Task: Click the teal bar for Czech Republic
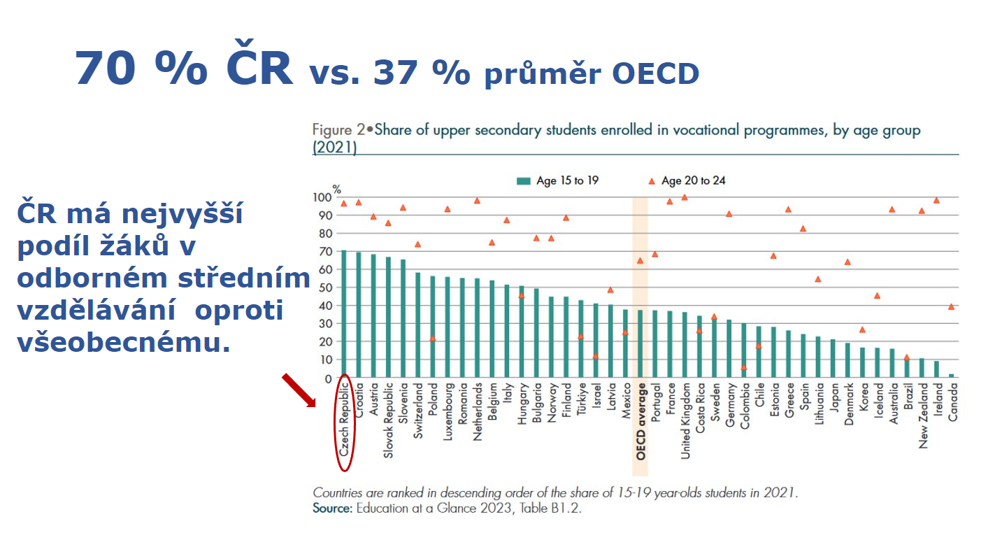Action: [x=343, y=314]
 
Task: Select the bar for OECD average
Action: [x=640, y=343]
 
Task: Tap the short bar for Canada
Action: [x=951, y=376]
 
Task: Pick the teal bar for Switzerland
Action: [x=417, y=325]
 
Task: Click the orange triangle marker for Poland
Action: [x=433, y=339]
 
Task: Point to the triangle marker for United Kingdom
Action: [x=685, y=197]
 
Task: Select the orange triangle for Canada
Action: [x=951, y=306]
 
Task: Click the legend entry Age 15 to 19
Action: [x=557, y=180]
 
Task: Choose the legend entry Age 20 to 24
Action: [x=688, y=180]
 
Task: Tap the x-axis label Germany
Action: [x=729, y=409]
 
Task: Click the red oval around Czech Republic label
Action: [x=343, y=424]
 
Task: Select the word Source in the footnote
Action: [x=331, y=509]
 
